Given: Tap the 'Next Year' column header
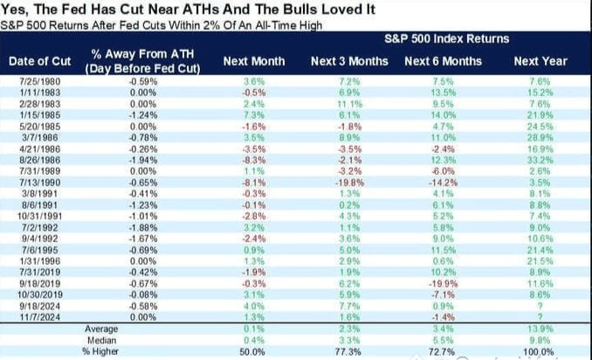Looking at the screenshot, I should tap(540, 61).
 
